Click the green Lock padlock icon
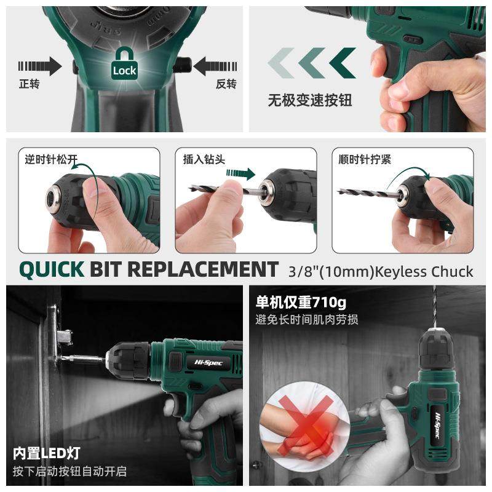tap(124, 64)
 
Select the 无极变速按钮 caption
tap(309, 100)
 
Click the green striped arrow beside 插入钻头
tap(240, 173)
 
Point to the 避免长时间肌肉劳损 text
tap(307, 320)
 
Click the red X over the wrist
tap(298, 426)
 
